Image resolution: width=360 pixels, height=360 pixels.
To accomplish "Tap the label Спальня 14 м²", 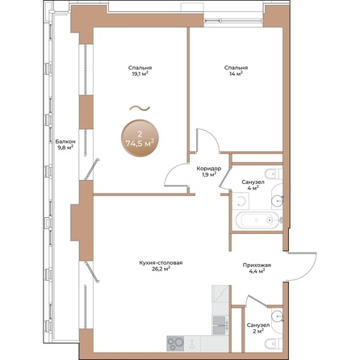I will pos(237,72).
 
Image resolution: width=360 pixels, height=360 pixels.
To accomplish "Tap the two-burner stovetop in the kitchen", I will pos(176,342).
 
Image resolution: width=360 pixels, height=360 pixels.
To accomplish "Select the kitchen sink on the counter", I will pos(219,324).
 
